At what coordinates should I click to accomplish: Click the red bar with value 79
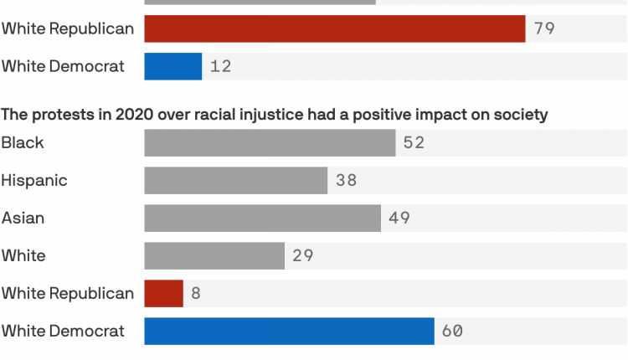coord(335,28)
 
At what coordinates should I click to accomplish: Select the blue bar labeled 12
coord(173,66)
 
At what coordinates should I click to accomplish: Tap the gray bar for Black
coord(270,142)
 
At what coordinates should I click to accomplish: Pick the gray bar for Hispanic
coord(235,180)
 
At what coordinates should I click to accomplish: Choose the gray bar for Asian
coord(263,218)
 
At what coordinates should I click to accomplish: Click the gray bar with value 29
coord(214,255)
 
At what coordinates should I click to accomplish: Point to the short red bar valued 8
coord(163,293)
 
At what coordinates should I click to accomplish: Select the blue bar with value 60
coord(289,331)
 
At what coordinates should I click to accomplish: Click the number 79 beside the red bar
coord(544,28)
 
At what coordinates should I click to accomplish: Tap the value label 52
coord(414,142)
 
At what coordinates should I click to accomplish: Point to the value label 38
coord(346,180)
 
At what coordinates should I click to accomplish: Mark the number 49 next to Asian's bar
coord(399,218)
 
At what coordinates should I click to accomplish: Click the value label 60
coord(452,331)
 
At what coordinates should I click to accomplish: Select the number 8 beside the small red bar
coord(196,293)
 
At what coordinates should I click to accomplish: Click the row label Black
coord(23,142)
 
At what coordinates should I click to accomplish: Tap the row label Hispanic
coord(34,180)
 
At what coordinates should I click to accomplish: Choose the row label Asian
coord(23,218)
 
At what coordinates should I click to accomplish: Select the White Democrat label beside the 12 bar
coord(63,66)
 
